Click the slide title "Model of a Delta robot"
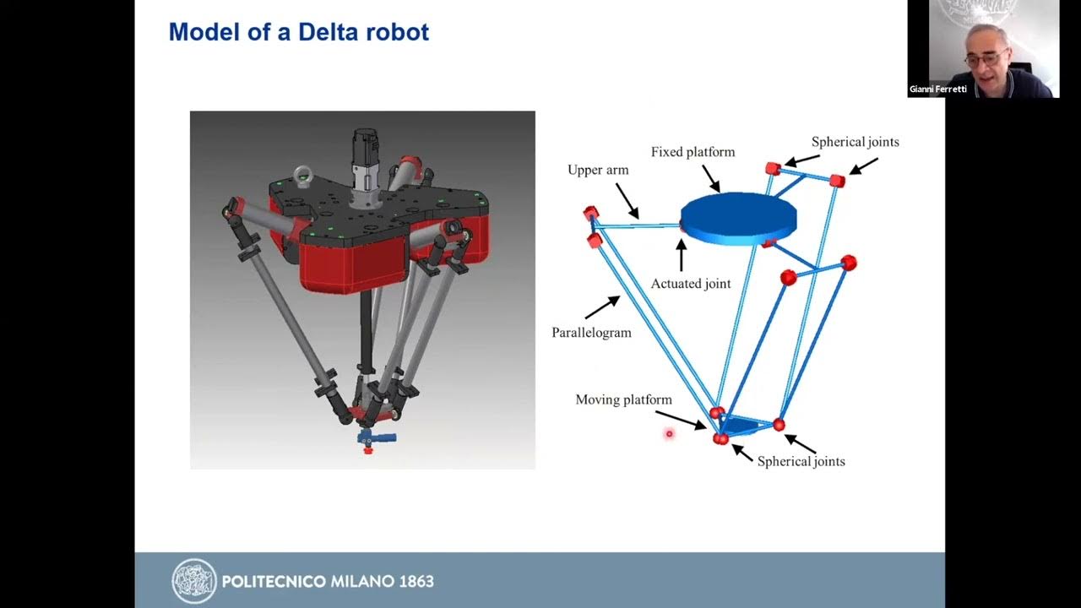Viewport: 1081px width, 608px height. (x=298, y=33)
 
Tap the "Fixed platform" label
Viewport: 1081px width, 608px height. (x=693, y=152)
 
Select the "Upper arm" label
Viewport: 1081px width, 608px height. (x=598, y=170)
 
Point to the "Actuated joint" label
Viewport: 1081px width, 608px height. (x=690, y=284)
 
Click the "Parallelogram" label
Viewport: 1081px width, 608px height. (x=591, y=333)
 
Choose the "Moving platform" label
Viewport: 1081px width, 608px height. (x=623, y=399)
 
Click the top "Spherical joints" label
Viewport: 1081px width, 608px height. (x=855, y=142)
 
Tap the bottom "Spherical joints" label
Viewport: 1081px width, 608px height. (x=801, y=461)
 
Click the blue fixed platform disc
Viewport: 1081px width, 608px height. (x=738, y=218)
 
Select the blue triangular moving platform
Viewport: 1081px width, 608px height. (x=746, y=425)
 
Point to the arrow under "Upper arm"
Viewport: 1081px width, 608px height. (x=627, y=200)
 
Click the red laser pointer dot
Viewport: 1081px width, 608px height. (x=669, y=434)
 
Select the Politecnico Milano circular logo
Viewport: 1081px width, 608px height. (x=194, y=581)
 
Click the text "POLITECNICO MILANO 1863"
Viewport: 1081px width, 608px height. (x=328, y=582)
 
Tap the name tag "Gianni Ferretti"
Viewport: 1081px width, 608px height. (x=937, y=89)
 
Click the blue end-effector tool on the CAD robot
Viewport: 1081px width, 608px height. (x=377, y=437)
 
